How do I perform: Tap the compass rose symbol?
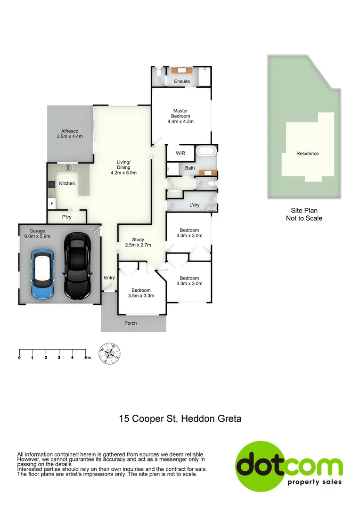109,353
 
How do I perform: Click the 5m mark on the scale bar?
86,358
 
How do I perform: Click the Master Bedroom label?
180,116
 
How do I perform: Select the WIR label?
180,153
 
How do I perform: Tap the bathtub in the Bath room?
205,152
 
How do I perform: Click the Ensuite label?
182,82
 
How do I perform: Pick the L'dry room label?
194,205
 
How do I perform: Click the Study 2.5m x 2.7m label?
138,242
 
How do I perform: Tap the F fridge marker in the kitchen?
51,204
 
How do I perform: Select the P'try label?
67,217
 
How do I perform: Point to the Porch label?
131,323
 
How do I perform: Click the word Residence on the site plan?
307,153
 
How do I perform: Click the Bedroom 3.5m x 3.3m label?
141,293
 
